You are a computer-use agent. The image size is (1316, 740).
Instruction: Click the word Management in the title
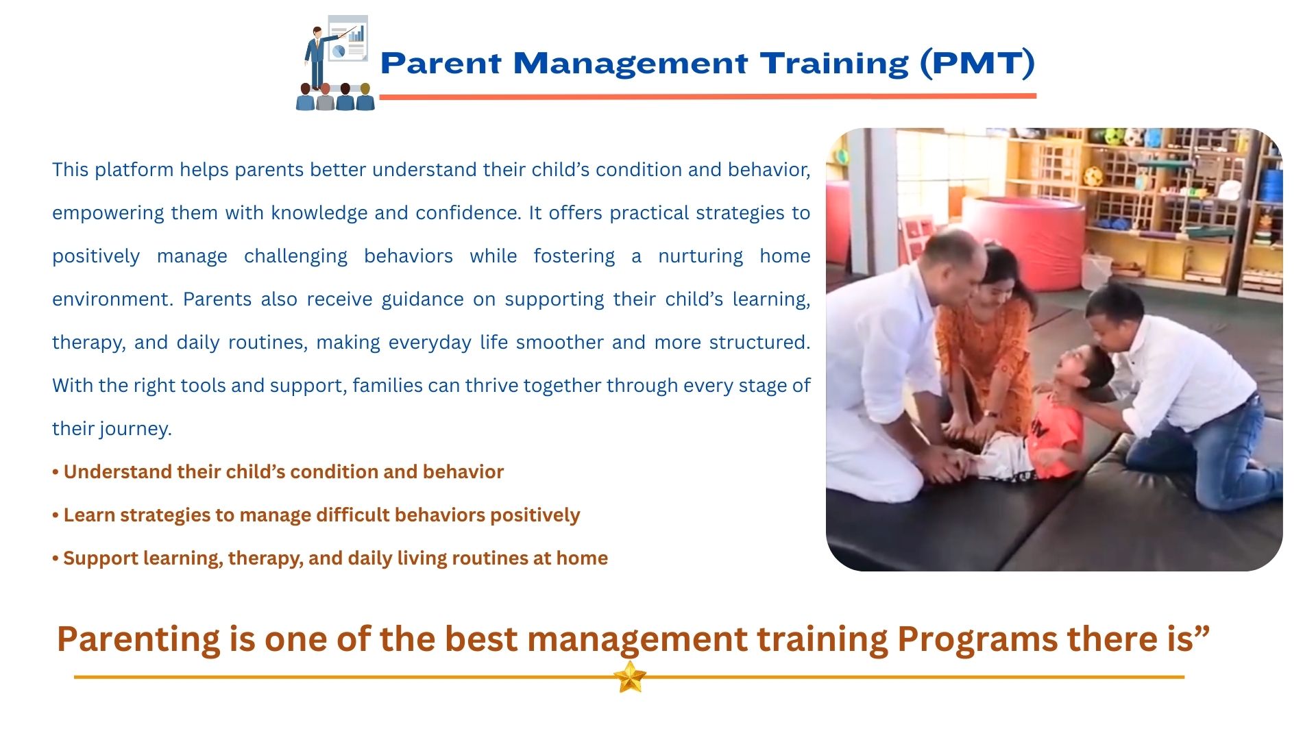pyautogui.click(x=630, y=64)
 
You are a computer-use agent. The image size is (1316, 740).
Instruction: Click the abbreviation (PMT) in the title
pyautogui.click(x=977, y=63)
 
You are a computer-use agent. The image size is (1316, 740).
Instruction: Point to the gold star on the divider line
pyautogui.click(x=630, y=677)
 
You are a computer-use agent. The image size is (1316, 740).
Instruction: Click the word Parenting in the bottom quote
pyautogui.click(x=138, y=640)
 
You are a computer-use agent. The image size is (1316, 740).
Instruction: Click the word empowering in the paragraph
pyautogui.click(x=108, y=213)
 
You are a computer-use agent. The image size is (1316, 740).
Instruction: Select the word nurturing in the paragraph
pyautogui.click(x=700, y=256)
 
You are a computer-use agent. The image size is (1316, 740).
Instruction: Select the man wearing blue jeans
pyautogui.click(x=1186, y=397)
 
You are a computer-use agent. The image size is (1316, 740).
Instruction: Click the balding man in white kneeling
pyautogui.click(x=891, y=363)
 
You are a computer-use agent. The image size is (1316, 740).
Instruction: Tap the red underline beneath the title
pyautogui.click(x=707, y=97)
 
